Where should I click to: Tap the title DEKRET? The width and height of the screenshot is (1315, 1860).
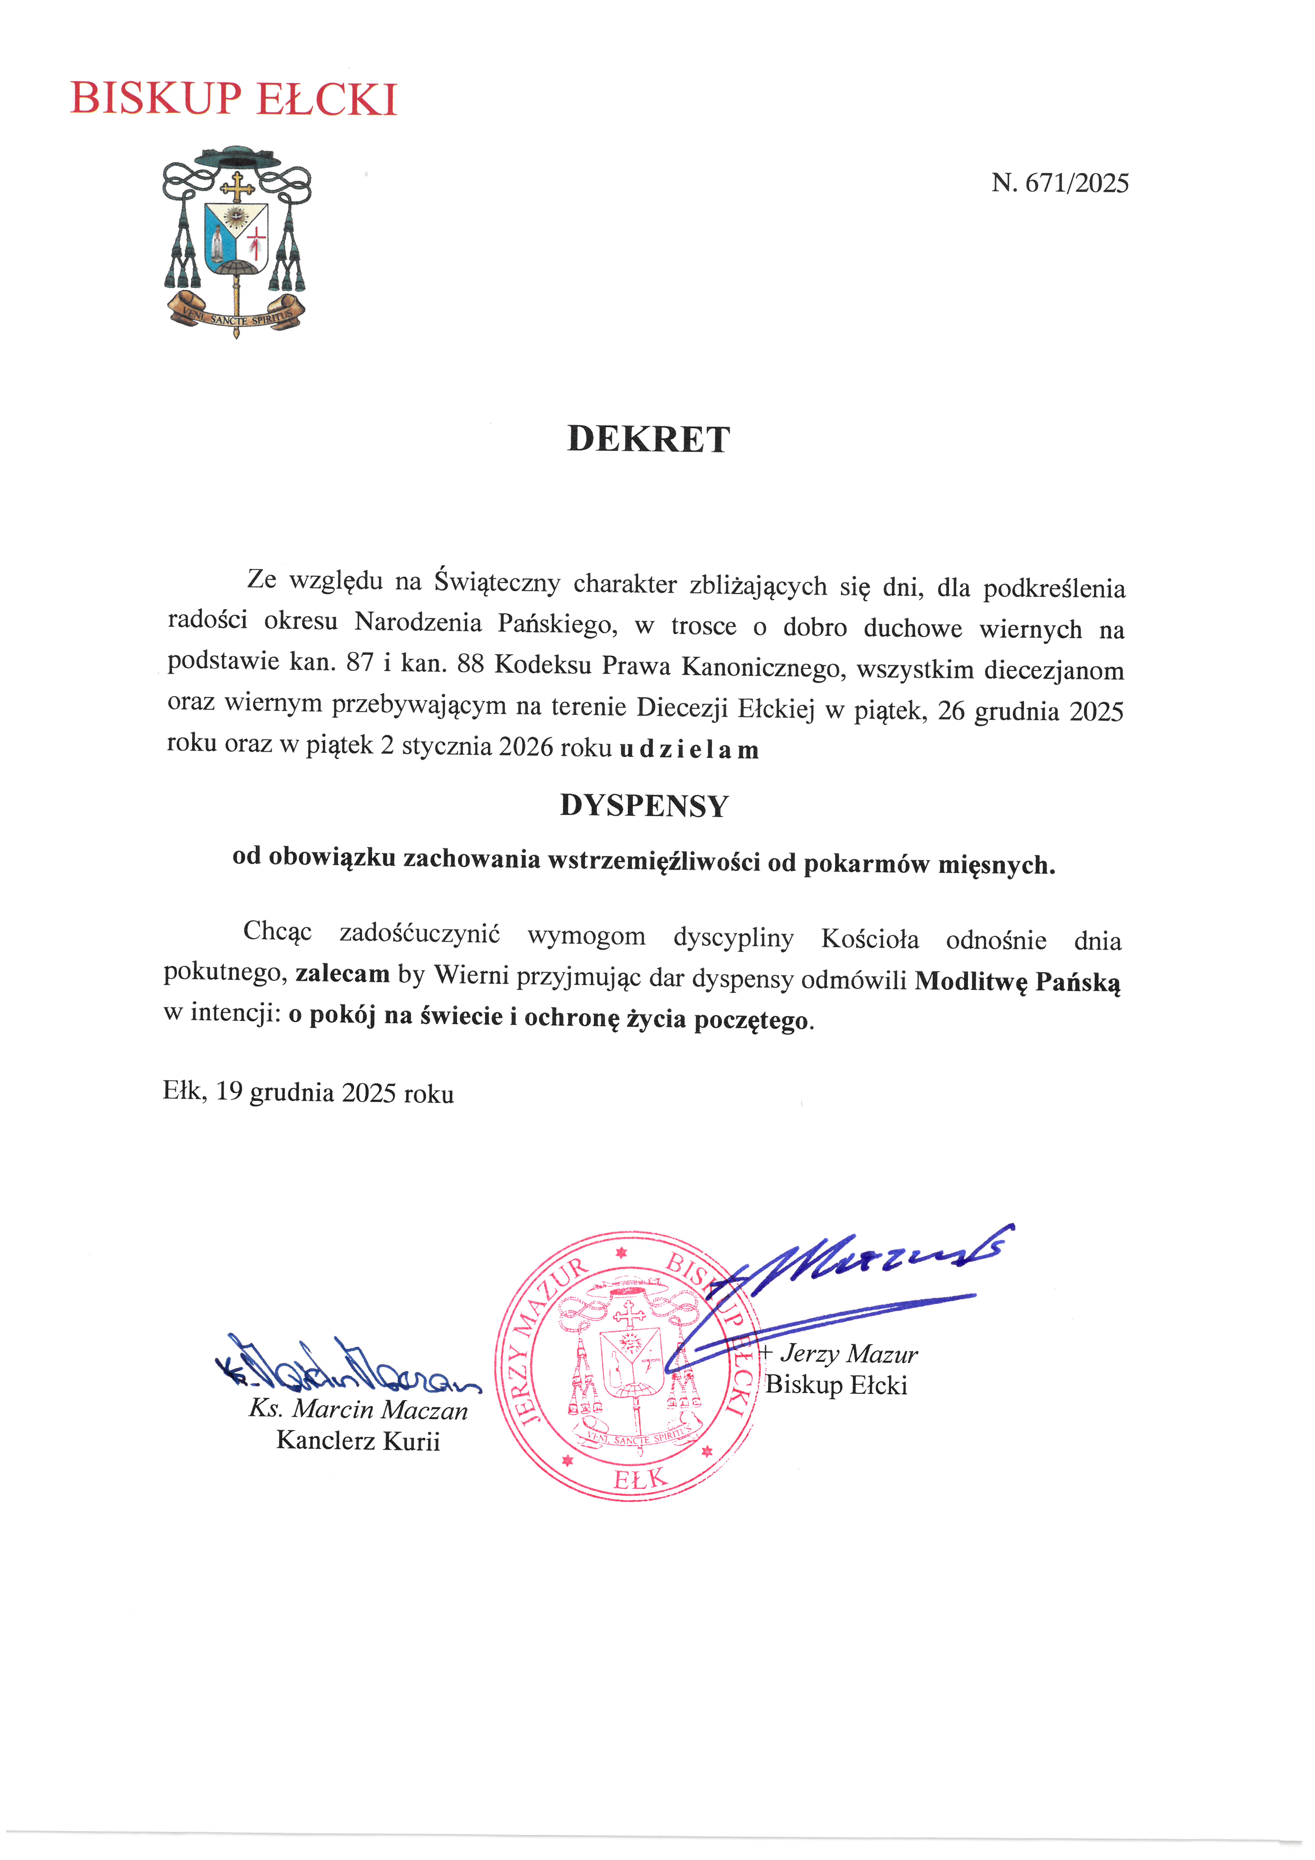tap(648, 439)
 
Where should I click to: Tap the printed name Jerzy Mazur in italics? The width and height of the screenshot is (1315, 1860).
tap(848, 1354)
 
